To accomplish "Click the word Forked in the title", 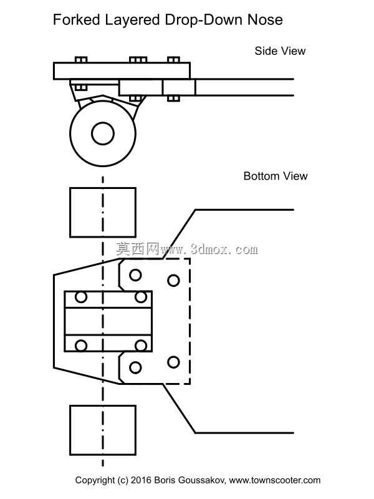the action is click(76, 20).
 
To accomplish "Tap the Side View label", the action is click(280, 51).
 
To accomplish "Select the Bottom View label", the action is click(276, 176).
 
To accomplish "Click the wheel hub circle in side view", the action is click(103, 133).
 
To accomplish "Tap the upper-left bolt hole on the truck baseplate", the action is click(81, 297).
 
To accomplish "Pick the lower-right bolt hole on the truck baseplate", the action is click(141, 346).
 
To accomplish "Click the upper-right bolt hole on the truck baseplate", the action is click(141, 297).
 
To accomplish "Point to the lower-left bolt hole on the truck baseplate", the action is click(81, 346).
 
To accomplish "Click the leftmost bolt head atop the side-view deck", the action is click(81, 59).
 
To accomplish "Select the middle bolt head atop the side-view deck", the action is click(138, 59).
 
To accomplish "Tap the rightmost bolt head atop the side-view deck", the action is click(173, 59).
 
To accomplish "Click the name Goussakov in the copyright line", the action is click(201, 480).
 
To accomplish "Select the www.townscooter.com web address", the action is click(275, 480).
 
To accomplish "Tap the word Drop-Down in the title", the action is click(204, 20).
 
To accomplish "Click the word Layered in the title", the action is click(132, 21).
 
